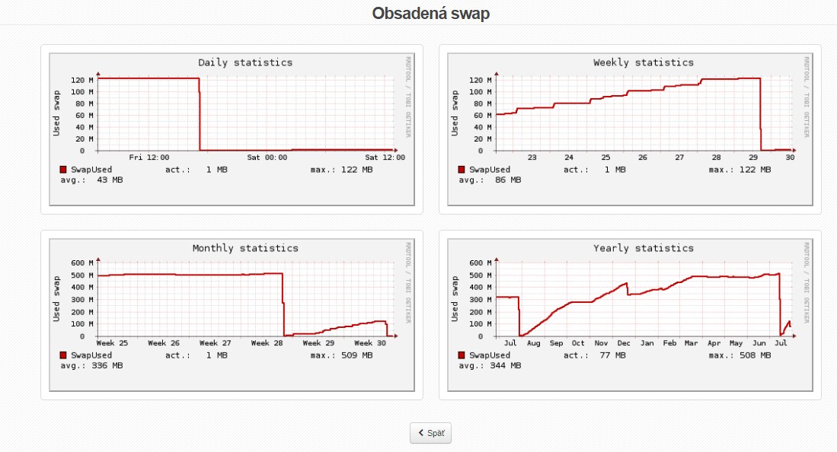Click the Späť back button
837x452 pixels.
coord(431,433)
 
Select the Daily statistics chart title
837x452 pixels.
coord(245,62)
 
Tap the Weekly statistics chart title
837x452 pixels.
coord(644,62)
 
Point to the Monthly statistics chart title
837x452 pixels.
coord(245,248)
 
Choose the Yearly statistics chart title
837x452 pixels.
coord(644,248)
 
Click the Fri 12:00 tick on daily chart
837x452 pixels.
coord(149,157)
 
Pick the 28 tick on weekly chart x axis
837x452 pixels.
coord(716,157)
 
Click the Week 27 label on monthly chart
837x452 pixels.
coord(215,343)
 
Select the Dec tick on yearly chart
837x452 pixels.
coord(624,343)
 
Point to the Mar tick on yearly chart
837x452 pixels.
coord(692,343)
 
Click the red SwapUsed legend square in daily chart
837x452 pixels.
coord(62,170)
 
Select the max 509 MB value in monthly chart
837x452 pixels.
coord(356,355)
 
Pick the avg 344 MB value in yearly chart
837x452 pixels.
coord(505,366)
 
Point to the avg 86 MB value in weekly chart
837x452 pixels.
coord(505,180)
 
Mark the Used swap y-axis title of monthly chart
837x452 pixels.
coord(57,299)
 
